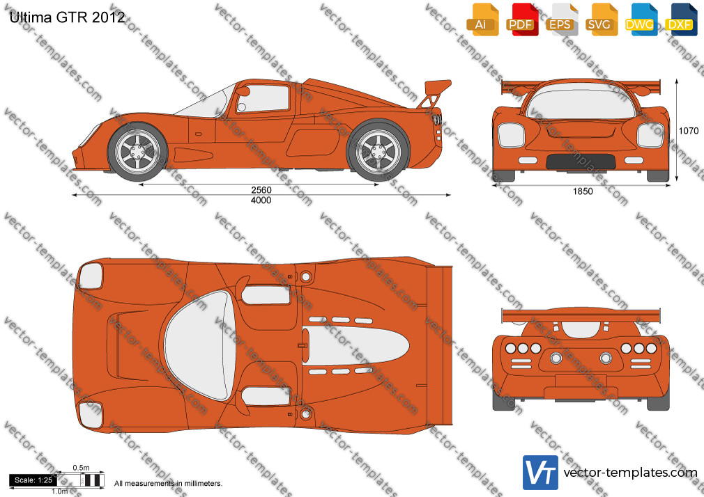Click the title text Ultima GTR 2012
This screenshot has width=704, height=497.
coord(67,17)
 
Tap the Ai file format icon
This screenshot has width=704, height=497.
coord(482,19)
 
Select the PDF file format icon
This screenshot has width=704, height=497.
coord(522,19)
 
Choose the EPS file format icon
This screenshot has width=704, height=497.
coord(561,19)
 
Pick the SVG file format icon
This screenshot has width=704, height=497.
coord(601,19)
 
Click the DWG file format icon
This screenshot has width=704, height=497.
coord(641,19)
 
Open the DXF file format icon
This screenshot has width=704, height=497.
coord(681,19)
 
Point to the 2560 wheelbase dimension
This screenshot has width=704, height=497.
coord(261,190)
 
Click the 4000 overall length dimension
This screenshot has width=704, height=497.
coord(261,200)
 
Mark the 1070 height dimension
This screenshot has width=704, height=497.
coord(688,131)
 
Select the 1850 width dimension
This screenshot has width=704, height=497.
coord(583,191)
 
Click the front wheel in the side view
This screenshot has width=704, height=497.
coord(137,152)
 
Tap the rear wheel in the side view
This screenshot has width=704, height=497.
coord(378,150)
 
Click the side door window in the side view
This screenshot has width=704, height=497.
coord(263,98)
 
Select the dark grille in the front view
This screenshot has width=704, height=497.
coord(581,161)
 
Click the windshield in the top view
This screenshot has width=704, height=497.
coord(198,345)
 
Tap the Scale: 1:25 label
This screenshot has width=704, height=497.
coord(33,480)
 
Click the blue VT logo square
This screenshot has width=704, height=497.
coord(540,473)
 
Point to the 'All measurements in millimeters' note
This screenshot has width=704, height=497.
coord(168,484)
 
